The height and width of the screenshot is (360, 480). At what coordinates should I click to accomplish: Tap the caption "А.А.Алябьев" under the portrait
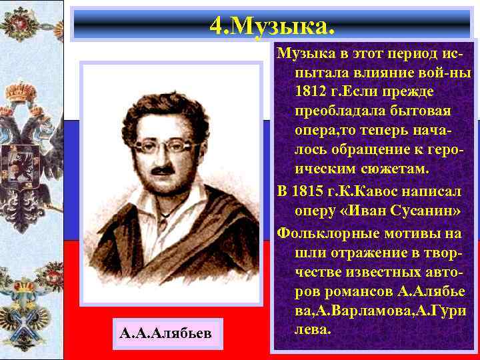166,333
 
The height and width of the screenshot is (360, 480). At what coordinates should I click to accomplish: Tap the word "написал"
434,193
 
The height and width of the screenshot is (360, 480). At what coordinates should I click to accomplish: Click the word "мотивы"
399,233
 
